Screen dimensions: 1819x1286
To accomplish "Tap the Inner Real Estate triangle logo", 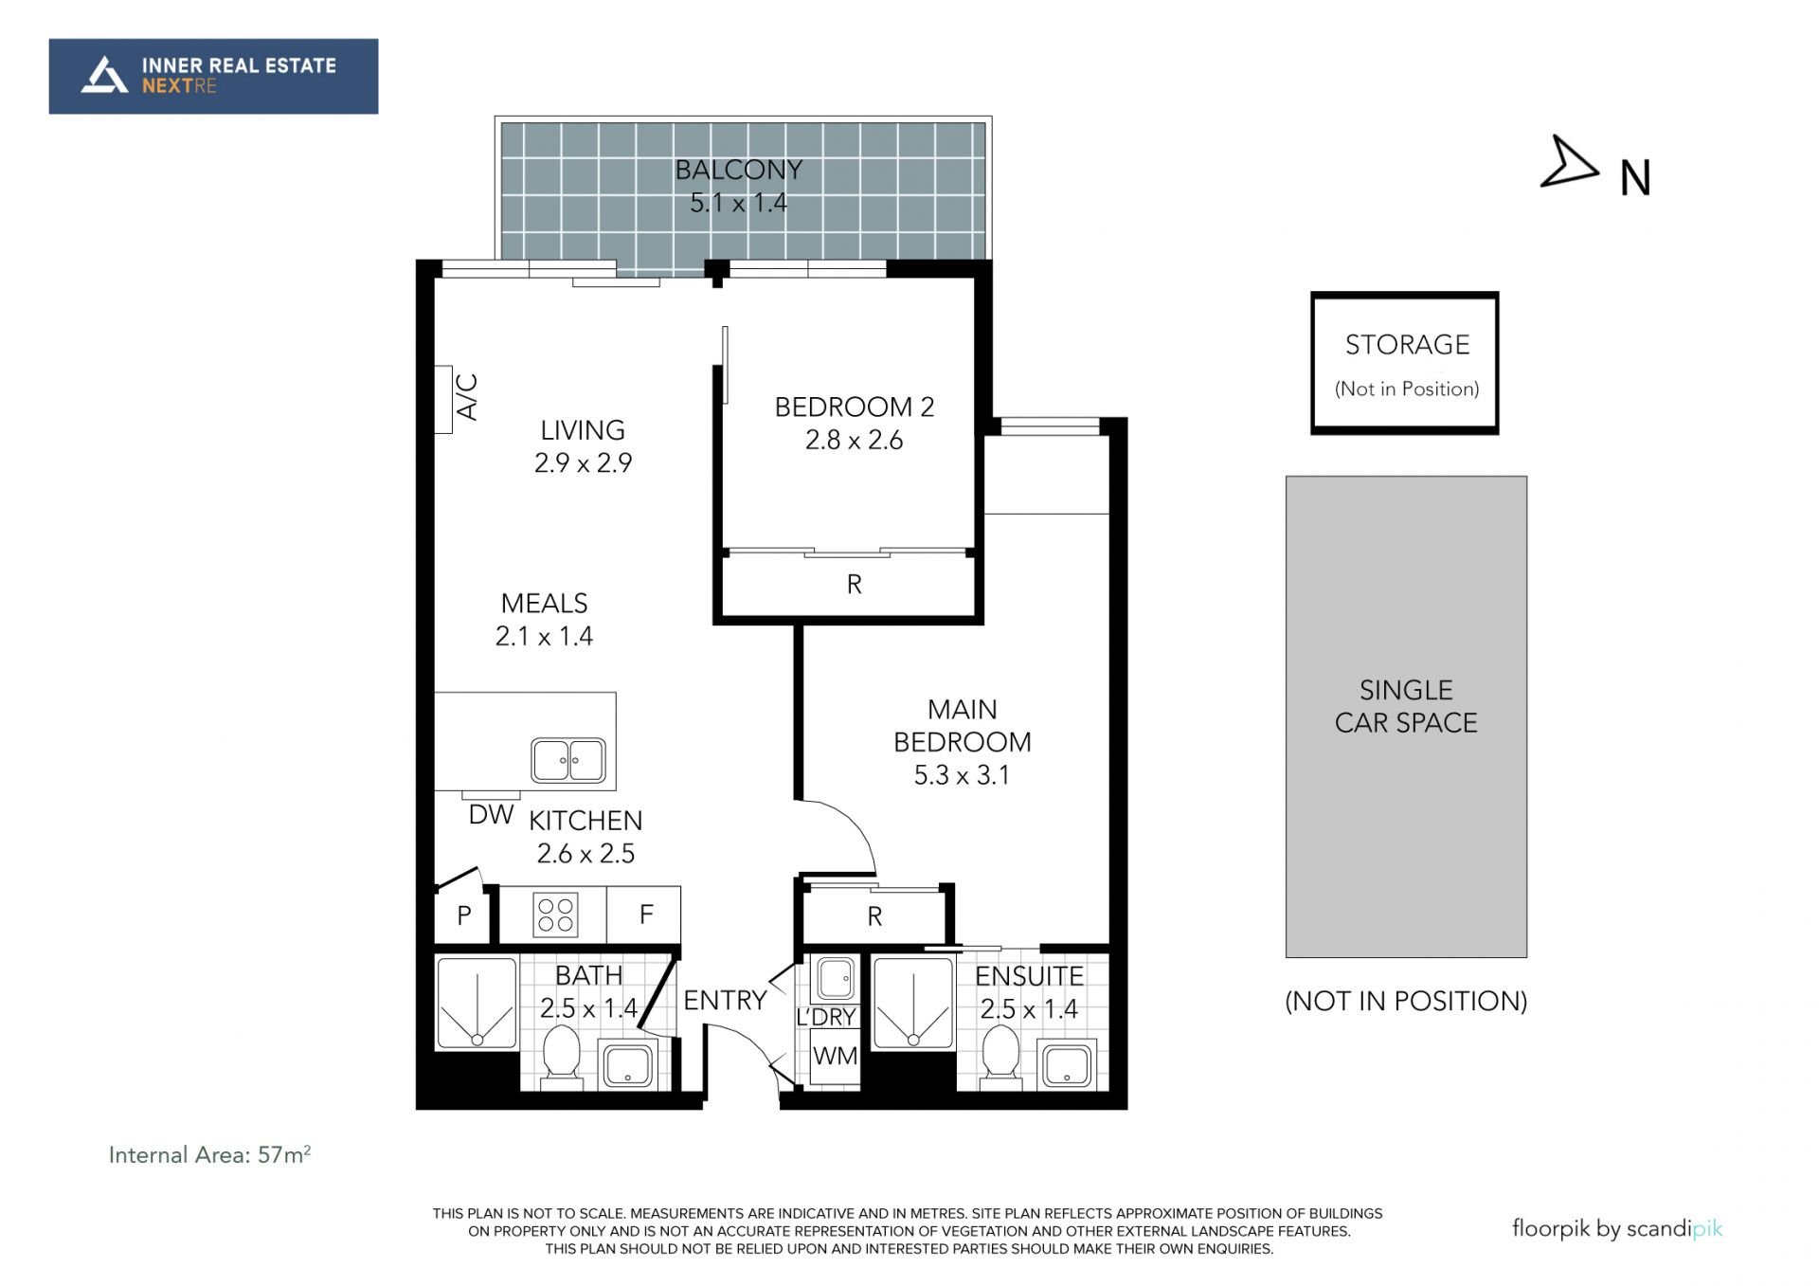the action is pyautogui.click(x=104, y=75).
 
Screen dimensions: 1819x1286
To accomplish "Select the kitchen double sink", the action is pyautogui.click(x=568, y=760).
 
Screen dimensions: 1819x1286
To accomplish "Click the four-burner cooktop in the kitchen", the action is pyautogui.click(x=555, y=915).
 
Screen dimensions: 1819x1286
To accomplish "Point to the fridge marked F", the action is pyautogui.click(x=644, y=915).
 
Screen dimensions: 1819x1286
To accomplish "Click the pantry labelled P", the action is pyautogui.click(x=463, y=915).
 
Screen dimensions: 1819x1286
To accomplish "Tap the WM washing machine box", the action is pyautogui.click(x=835, y=1056).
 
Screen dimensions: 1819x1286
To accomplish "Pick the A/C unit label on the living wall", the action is pyautogui.click(x=467, y=397).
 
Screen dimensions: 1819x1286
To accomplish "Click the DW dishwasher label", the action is pyautogui.click(x=491, y=814).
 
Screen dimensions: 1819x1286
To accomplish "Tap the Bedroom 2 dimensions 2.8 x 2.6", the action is pyautogui.click(x=854, y=441).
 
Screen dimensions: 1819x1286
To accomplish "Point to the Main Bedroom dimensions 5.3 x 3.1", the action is pyautogui.click(x=962, y=775).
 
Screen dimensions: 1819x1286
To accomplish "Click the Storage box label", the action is pyautogui.click(x=1407, y=345).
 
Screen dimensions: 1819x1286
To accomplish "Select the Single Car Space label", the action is pyautogui.click(x=1406, y=706).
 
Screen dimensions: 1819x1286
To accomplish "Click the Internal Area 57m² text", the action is pyautogui.click(x=209, y=1154).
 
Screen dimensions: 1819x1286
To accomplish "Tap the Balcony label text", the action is pyautogui.click(x=738, y=171).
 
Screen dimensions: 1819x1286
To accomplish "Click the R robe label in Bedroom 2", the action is pyautogui.click(x=854, y=585).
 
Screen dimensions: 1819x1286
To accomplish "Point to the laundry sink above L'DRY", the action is pyautogui.click(x=836, y=978).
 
